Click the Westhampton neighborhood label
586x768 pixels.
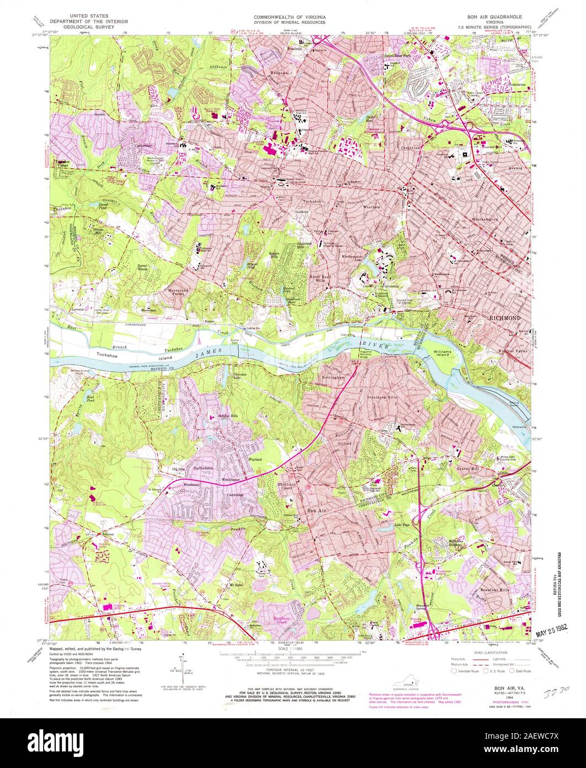click(484, 219)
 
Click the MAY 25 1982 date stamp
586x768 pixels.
click(555, 629)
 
